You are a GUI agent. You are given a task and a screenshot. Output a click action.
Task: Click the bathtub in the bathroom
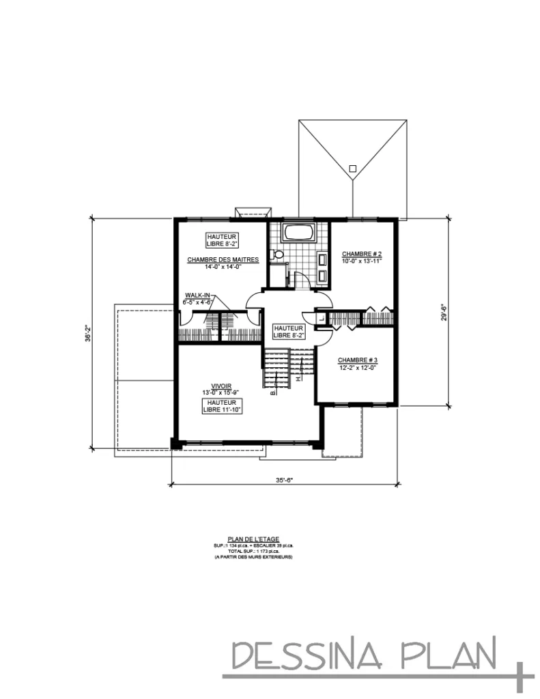point(298,232)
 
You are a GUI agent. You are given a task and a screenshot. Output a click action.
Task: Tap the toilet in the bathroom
point(276,255)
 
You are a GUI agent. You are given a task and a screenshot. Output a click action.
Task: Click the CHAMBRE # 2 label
point(361,253)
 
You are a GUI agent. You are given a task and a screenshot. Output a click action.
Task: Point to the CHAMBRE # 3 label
point(357,360)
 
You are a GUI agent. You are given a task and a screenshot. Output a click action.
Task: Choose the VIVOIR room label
point(221,386)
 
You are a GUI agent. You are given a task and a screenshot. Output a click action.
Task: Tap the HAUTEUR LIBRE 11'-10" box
point(221,406)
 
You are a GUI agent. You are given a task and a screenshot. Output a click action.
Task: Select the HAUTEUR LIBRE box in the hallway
point(288,331)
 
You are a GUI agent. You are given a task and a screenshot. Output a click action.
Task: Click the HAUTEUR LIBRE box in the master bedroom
point(221,239)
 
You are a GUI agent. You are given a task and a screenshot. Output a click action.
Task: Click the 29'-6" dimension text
point(444,313)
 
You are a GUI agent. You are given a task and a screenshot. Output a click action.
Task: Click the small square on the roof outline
point(352,168)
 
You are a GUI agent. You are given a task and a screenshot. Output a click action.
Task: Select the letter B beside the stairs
point(272,393)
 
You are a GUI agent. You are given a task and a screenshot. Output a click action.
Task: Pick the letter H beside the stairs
point(298,377)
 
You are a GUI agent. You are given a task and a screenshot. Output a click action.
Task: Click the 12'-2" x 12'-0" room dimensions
point(357,368)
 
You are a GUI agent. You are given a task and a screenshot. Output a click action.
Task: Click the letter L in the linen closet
point(322,317)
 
